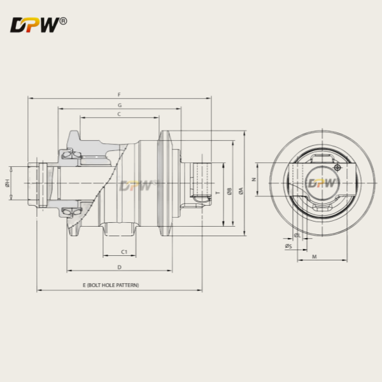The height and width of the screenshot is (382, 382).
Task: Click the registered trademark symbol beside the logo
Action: click(62, 22)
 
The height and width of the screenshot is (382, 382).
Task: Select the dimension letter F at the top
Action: click(119, 94)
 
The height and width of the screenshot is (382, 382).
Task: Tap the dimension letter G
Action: click(119, 104)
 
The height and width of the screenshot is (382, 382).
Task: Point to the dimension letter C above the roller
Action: click(119, 114)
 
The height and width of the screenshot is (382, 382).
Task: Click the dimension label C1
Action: click(124, 252)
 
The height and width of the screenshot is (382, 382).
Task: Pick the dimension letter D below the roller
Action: click(119, 267)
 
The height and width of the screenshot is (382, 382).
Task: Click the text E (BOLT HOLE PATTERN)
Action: click(111, 285)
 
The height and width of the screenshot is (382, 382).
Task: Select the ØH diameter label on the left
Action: click(7, 183)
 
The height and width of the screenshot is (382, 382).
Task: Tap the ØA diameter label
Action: click(240, 191)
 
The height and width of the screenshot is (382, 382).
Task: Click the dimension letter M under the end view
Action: click(316, 256)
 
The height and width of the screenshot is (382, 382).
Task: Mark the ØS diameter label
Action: click(288, 246)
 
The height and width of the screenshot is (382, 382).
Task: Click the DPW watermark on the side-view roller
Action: click(136, 185)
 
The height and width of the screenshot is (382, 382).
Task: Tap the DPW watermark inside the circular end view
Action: click(323, 183)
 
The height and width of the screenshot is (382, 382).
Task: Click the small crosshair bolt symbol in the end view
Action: click(337, 167)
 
